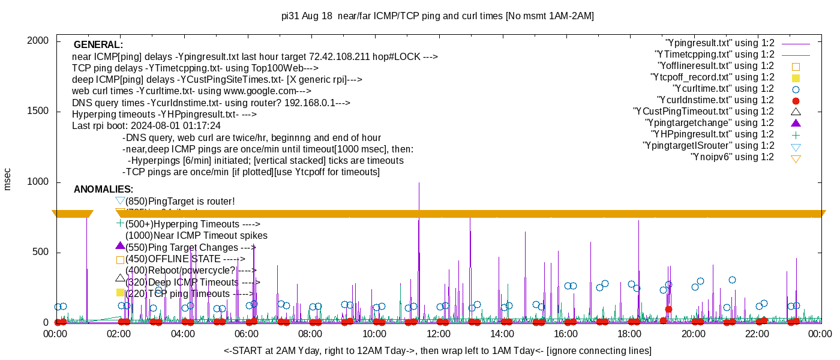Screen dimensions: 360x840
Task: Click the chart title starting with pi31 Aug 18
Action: (438, 16)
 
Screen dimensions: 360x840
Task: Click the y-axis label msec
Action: (8, 179)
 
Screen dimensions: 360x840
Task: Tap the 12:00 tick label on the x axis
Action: (438, 334)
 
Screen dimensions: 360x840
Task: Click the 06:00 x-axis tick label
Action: (247, 334)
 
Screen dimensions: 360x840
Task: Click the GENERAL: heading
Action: (98, 45)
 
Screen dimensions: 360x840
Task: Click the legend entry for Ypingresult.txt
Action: (720, 43)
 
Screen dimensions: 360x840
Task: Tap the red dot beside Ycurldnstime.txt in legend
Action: (796, 101)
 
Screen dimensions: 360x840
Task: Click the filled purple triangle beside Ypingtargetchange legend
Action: (796, 123)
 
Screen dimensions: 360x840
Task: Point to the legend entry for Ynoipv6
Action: (732, 157)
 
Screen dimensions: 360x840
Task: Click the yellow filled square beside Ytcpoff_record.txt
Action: (796, 78)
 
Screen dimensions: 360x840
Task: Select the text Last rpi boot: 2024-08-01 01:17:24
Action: (146, 126)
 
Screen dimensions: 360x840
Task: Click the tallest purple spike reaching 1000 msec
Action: (419, 186)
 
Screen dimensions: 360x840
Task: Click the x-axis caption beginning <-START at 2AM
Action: (437, 350)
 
